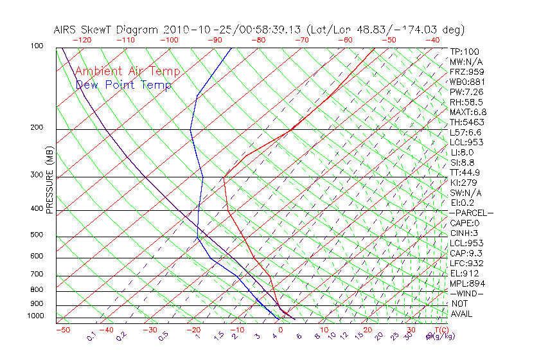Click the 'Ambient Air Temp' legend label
pyautogui.click(x=127, y=71)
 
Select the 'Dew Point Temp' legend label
pyautogui.click(x=123, y=85)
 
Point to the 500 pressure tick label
pyautogui.click(x=36, y=235)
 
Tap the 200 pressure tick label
pyautogui.click(x=36, y=128)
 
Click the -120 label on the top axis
pyautogui.click(x=82, y=40)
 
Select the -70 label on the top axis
pyautogui.click(x=302, y=40)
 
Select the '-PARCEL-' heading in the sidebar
pyautogui.click(x=471, y=213)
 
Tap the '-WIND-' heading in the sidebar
pyautogui.click(x=466, y=294)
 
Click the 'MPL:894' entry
pyautogui.click(x=466, y=283)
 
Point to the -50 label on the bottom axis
pyautogui.click(x=62, y=330)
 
